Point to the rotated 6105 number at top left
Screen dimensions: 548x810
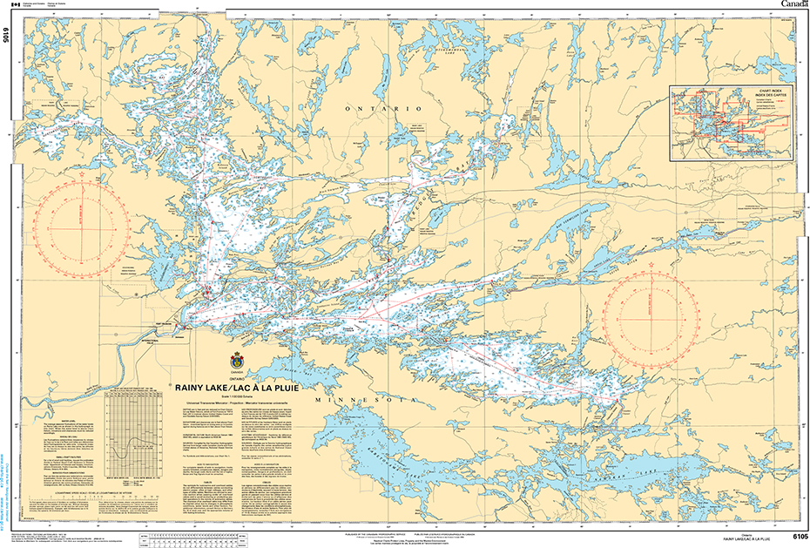7,35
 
